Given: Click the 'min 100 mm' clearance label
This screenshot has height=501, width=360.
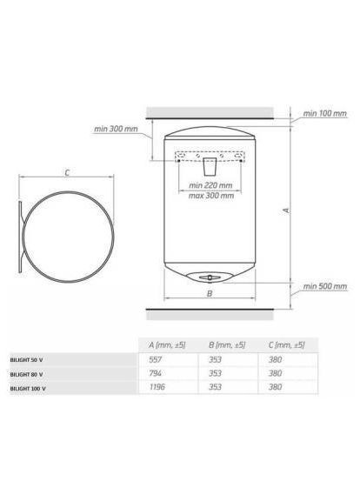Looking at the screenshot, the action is click(x=324, y=113).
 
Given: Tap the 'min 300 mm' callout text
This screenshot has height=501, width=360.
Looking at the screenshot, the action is click(x=116, y=129).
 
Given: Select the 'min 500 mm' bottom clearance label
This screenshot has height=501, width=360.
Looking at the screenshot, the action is click(x=325, y=286).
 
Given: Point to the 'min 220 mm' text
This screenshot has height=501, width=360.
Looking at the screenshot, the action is click(x=210, y=185).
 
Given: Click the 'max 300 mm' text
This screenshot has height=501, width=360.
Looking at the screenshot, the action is click(x=211, y=196).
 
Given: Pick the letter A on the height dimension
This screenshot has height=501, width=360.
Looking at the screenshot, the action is click(x=287, y=210).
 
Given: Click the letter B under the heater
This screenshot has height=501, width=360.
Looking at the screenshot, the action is click(x=210, y=293).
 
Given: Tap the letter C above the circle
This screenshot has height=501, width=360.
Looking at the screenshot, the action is click(x=67, y=173).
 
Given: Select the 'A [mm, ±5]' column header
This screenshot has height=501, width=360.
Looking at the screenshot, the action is click(x=167, y=345).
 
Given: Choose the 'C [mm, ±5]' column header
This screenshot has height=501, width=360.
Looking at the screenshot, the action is click(x=287, y=345).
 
